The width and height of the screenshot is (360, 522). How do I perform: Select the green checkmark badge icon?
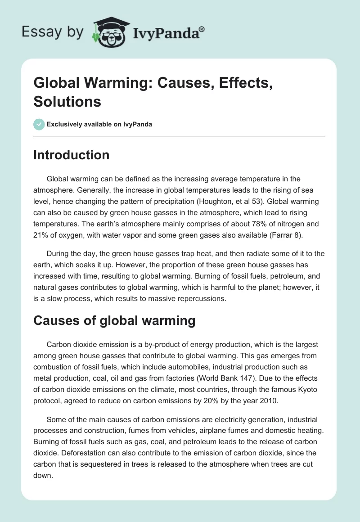(39, 124)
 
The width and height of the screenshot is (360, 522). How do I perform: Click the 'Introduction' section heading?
(72, 155)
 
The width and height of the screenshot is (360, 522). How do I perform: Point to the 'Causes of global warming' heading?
(114, 320)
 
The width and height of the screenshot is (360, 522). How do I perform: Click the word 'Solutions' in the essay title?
(67, 101)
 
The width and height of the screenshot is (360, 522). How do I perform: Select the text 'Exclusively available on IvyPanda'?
(99, 124)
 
